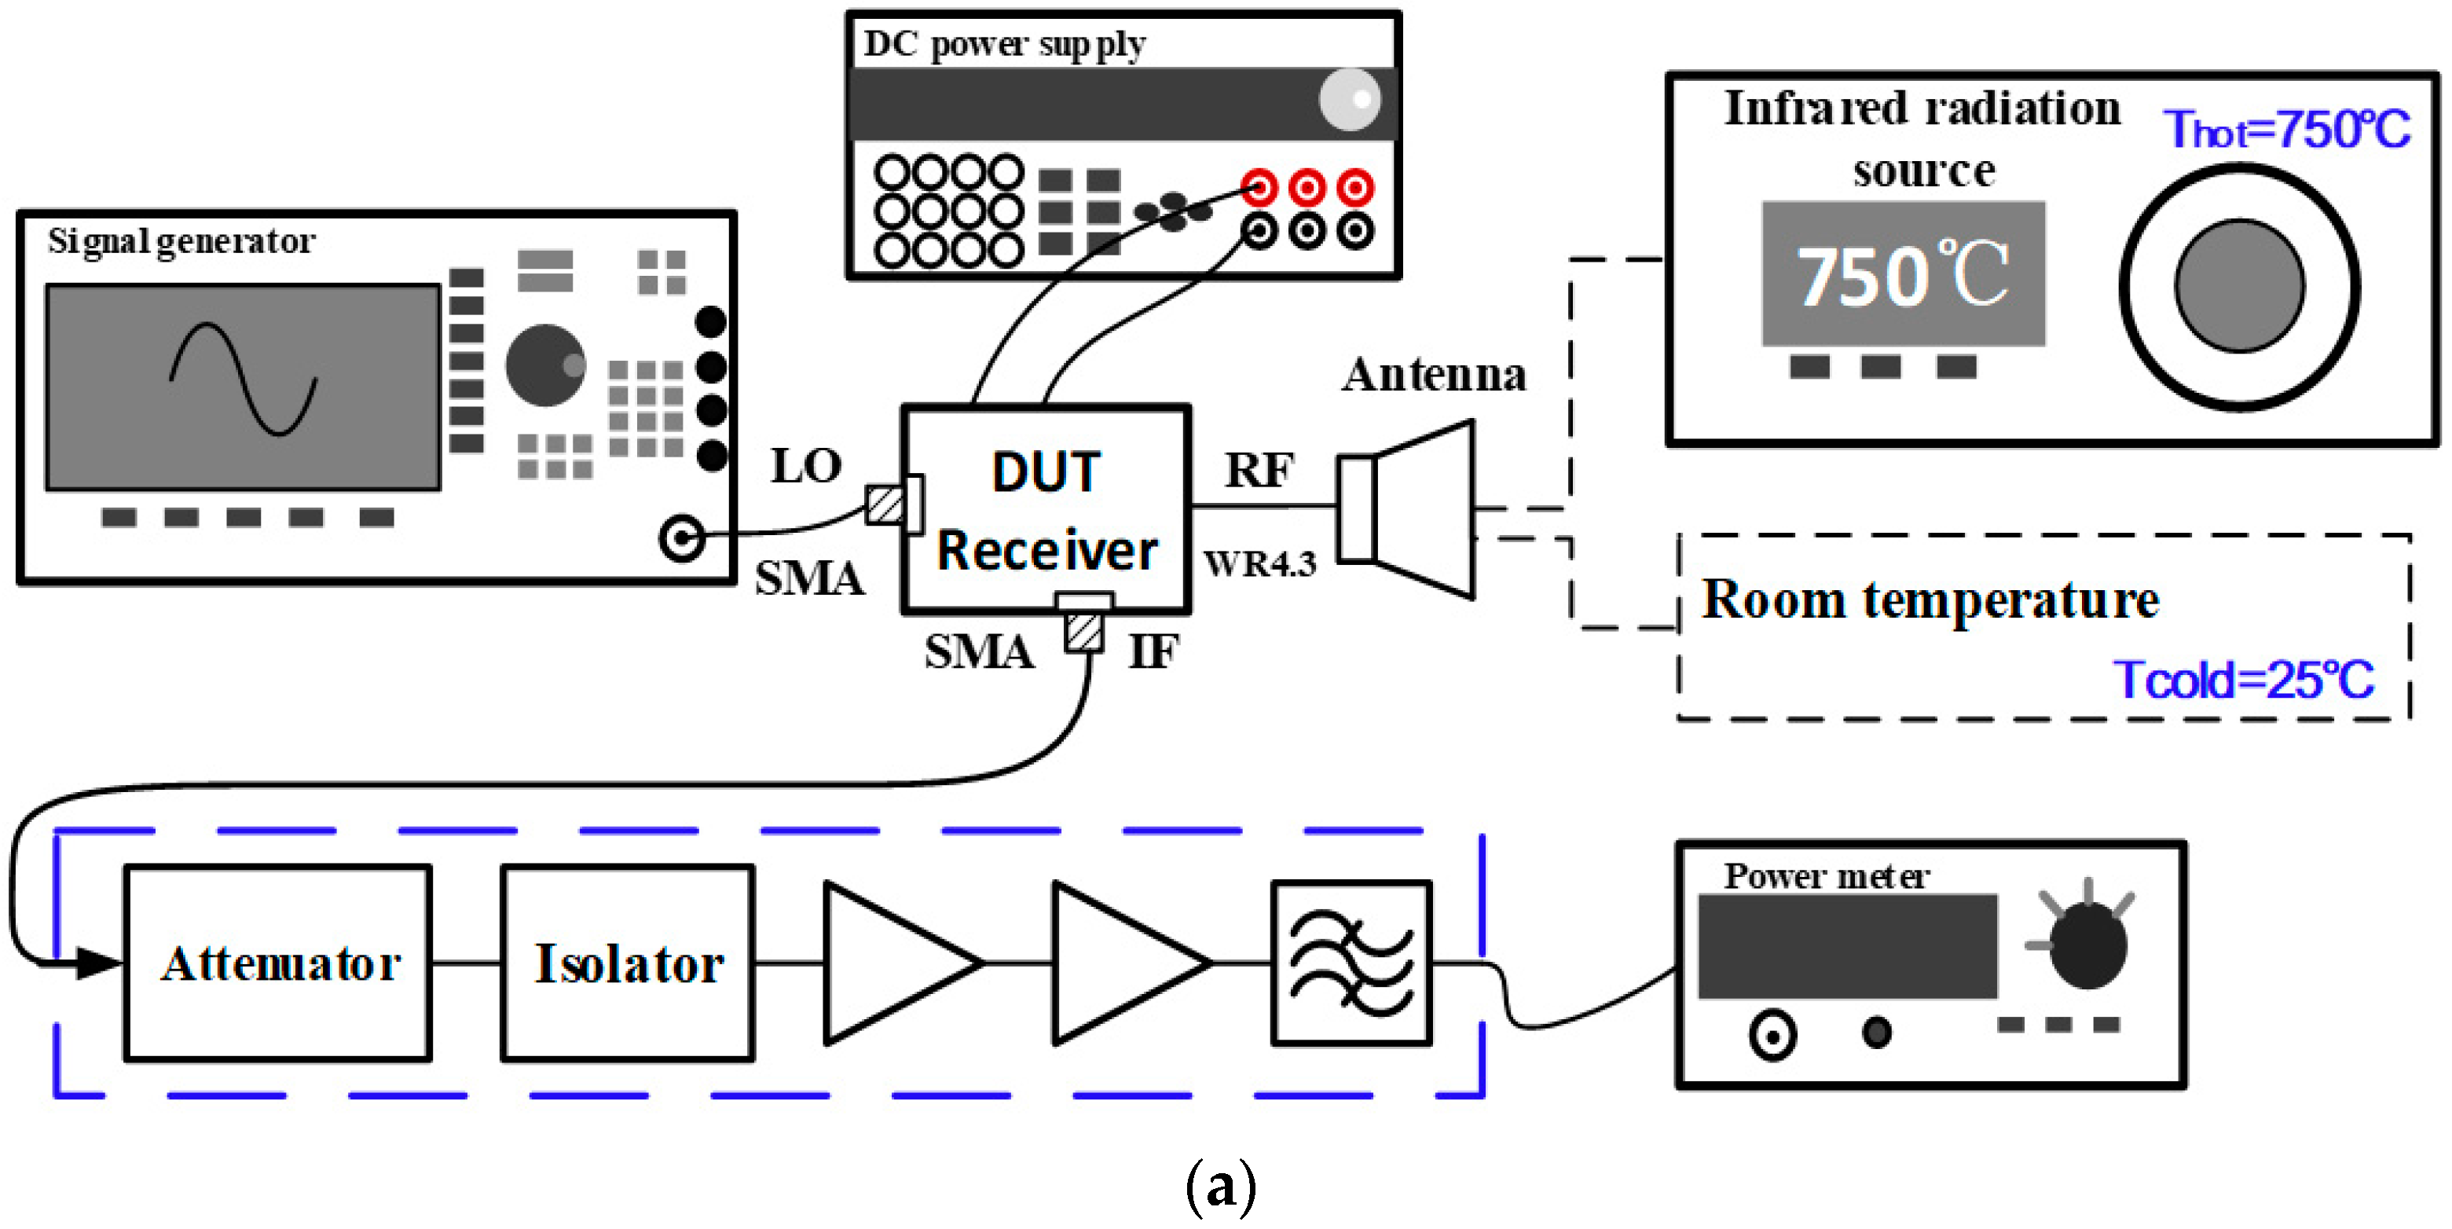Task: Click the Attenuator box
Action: (x=278, y=963)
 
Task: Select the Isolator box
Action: (x=629, y=963)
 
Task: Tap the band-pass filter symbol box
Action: (x=1351, y=963)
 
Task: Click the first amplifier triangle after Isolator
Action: (x=890, y=963)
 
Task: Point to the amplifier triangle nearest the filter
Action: (x=1119, y=963)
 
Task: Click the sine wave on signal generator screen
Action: (x=244, y=379)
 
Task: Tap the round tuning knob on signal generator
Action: (x=544, y=365)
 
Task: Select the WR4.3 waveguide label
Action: (x=1259, y=564)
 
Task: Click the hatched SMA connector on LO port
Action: (x=885, y=505)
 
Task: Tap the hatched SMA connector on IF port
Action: (x=1083, y=631)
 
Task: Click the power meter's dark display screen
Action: (x=1846, y=946)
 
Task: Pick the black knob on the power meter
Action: (x=2087, y=945)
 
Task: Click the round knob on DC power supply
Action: (x=1349, y=99)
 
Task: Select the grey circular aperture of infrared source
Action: (x=2239, y=285)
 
